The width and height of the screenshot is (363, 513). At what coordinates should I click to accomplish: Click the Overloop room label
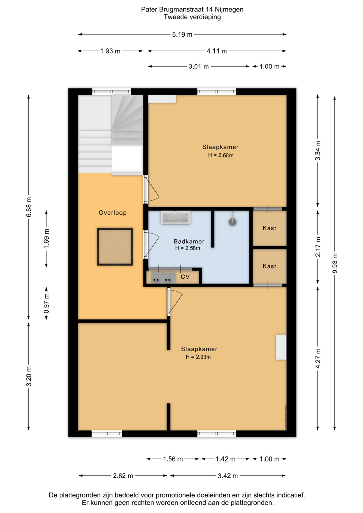(113, 213)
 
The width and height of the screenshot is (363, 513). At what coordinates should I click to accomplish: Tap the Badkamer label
(189, 241)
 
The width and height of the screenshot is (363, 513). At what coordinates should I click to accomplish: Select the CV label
(185, 277)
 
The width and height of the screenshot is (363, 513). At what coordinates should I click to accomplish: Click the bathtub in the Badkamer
(176, 217)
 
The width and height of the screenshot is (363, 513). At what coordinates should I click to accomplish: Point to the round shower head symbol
(233, 222)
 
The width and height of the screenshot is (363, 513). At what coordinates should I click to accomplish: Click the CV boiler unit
(163, 278)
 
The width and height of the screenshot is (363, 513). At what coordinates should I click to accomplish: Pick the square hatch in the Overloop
(115, 247)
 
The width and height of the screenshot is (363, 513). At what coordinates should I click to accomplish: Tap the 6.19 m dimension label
(182, 34)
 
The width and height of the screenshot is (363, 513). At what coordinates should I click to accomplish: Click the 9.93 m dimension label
(335, 263)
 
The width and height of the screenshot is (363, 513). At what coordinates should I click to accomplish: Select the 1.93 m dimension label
(110, 51)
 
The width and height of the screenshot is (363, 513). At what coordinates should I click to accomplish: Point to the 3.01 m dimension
(199, 67)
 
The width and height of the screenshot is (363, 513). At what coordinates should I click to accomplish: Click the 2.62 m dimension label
(123, 476)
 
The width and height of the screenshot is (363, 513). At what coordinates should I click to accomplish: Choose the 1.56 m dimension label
(173, 459)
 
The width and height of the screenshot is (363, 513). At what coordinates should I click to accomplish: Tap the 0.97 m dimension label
(47, 304)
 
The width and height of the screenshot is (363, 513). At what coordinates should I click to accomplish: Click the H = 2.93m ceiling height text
(198, 357)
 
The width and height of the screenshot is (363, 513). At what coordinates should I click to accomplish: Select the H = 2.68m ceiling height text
(221, 155)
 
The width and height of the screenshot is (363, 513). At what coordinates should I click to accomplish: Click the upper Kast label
(269, 228)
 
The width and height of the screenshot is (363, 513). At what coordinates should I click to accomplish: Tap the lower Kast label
(269, 266)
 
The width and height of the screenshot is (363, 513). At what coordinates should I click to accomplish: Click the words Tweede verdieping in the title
(192, 17)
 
